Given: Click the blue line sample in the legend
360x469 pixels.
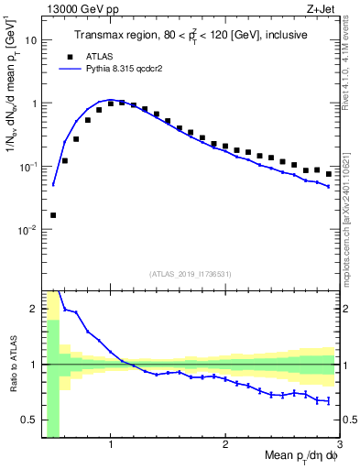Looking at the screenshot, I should tap(68, 69).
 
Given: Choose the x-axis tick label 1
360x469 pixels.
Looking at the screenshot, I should tap(111, 444).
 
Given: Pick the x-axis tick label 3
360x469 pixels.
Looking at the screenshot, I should tap(339, 444).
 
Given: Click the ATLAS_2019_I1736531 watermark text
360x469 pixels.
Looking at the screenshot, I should tap(191, 274).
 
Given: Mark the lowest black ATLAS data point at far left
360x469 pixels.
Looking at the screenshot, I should tap(53, 215).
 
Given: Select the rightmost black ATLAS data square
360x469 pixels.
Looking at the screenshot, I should tap(329, 174).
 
